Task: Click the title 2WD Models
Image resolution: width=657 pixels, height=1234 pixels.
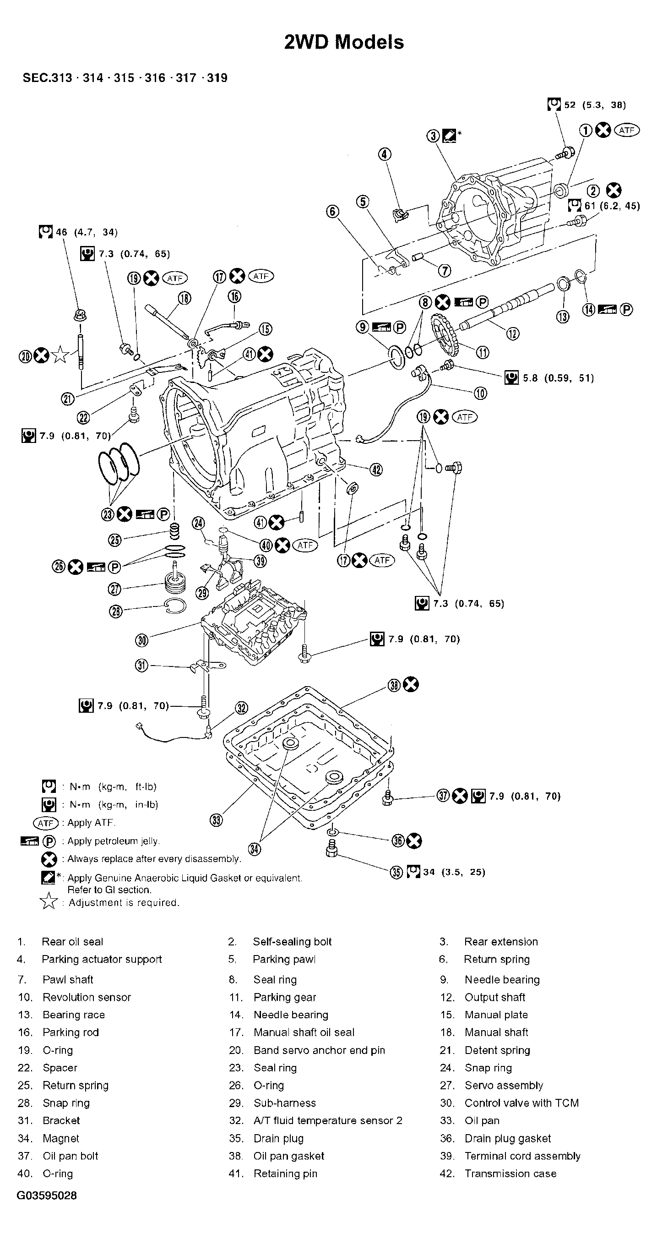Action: tap(344, 42)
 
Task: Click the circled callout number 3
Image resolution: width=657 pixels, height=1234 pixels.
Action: tap(433, 136)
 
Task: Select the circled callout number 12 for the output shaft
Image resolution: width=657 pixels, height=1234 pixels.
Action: tap(512, 333)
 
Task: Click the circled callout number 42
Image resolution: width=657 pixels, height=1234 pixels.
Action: tap(376, 470)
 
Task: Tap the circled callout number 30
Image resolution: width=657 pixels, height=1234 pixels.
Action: tap(142, 640)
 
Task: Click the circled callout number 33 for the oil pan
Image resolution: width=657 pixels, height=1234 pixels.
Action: tap(217, 820)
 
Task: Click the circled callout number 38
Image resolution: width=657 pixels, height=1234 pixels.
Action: tap(394, 686)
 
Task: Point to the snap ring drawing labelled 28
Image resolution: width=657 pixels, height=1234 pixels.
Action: tap(174, 607)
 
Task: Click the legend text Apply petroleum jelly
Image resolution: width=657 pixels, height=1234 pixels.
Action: tap(114, 841)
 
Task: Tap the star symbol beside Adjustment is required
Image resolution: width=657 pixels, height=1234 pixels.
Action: tap(49, 902)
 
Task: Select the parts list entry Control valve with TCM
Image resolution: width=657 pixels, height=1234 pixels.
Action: tap(521, 1103)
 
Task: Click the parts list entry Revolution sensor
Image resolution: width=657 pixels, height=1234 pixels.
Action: tap(86, 997)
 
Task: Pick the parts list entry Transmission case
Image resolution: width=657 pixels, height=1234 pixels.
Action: tap(510, 1173)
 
